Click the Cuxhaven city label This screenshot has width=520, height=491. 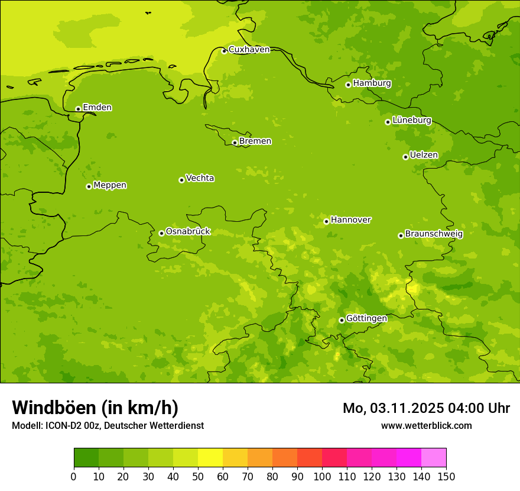pos(249,50)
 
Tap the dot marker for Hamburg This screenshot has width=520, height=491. pos(349,85)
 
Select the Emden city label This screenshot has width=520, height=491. pos(97,108)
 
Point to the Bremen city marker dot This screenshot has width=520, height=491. pos(235,143)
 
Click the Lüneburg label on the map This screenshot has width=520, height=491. pos(411,120)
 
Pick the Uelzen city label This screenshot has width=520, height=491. pos(424,155)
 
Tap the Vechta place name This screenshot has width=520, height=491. pos(200,178)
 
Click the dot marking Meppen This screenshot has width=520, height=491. pos(89,186)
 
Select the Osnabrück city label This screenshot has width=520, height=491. pos(188,231)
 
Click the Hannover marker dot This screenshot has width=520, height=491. pos(326,221)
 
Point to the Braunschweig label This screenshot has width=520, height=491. pos(434,234)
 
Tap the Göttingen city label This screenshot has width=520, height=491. pos(366,318)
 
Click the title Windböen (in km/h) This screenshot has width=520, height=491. pos(95,408)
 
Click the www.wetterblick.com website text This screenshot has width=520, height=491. pos(426,426)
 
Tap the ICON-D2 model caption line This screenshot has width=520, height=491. pos(108,426)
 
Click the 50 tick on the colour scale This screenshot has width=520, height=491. pos(198,476)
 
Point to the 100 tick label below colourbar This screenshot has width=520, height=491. pos(322,476)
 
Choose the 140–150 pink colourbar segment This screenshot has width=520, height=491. pos(434,458)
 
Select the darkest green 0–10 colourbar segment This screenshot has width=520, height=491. pos(86,458)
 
